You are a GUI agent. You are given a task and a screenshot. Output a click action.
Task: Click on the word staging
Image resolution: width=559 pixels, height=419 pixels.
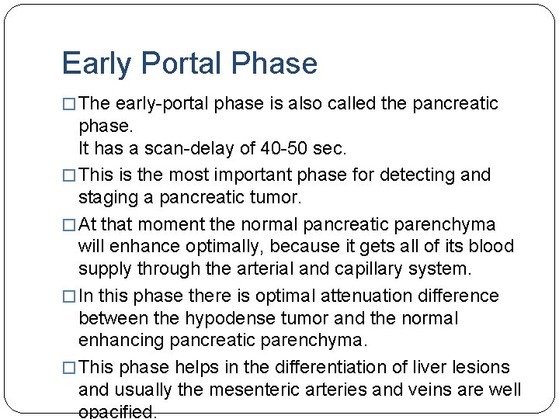coord(106,197)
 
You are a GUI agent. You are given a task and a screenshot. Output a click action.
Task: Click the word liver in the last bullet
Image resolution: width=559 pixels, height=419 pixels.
coord(410,367)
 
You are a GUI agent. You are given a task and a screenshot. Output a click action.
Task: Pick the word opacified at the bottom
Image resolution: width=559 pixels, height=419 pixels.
coord(117,412)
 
